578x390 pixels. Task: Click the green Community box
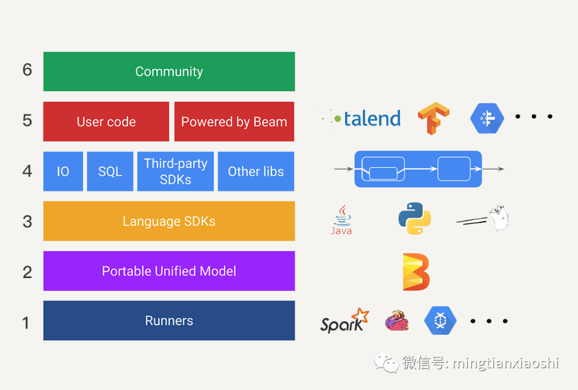point(169,71)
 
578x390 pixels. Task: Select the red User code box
point(106,122)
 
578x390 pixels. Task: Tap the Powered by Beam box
point(234,122)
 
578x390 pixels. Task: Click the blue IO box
point(63,171)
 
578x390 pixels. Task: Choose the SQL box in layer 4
point(110,171)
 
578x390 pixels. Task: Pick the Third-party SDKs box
point(176,171)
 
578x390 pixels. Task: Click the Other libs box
point(256,171)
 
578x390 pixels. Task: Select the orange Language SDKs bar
point(169,221)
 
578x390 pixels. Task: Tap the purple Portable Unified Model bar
point(169,271)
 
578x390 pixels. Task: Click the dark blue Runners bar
point(169,321)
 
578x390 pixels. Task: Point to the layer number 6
point(27,70)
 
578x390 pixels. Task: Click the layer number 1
point(26,322)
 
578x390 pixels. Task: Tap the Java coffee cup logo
point(341,219)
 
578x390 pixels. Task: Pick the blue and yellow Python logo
point(414,219)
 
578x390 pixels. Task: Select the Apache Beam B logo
point(416,272)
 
